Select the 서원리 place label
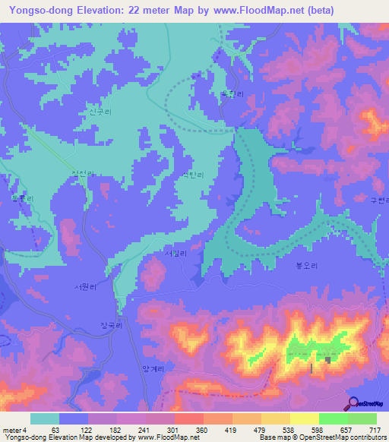click(x=84, y=287)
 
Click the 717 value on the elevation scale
click(x=374, y=430)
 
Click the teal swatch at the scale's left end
click(x=45, y=418)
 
